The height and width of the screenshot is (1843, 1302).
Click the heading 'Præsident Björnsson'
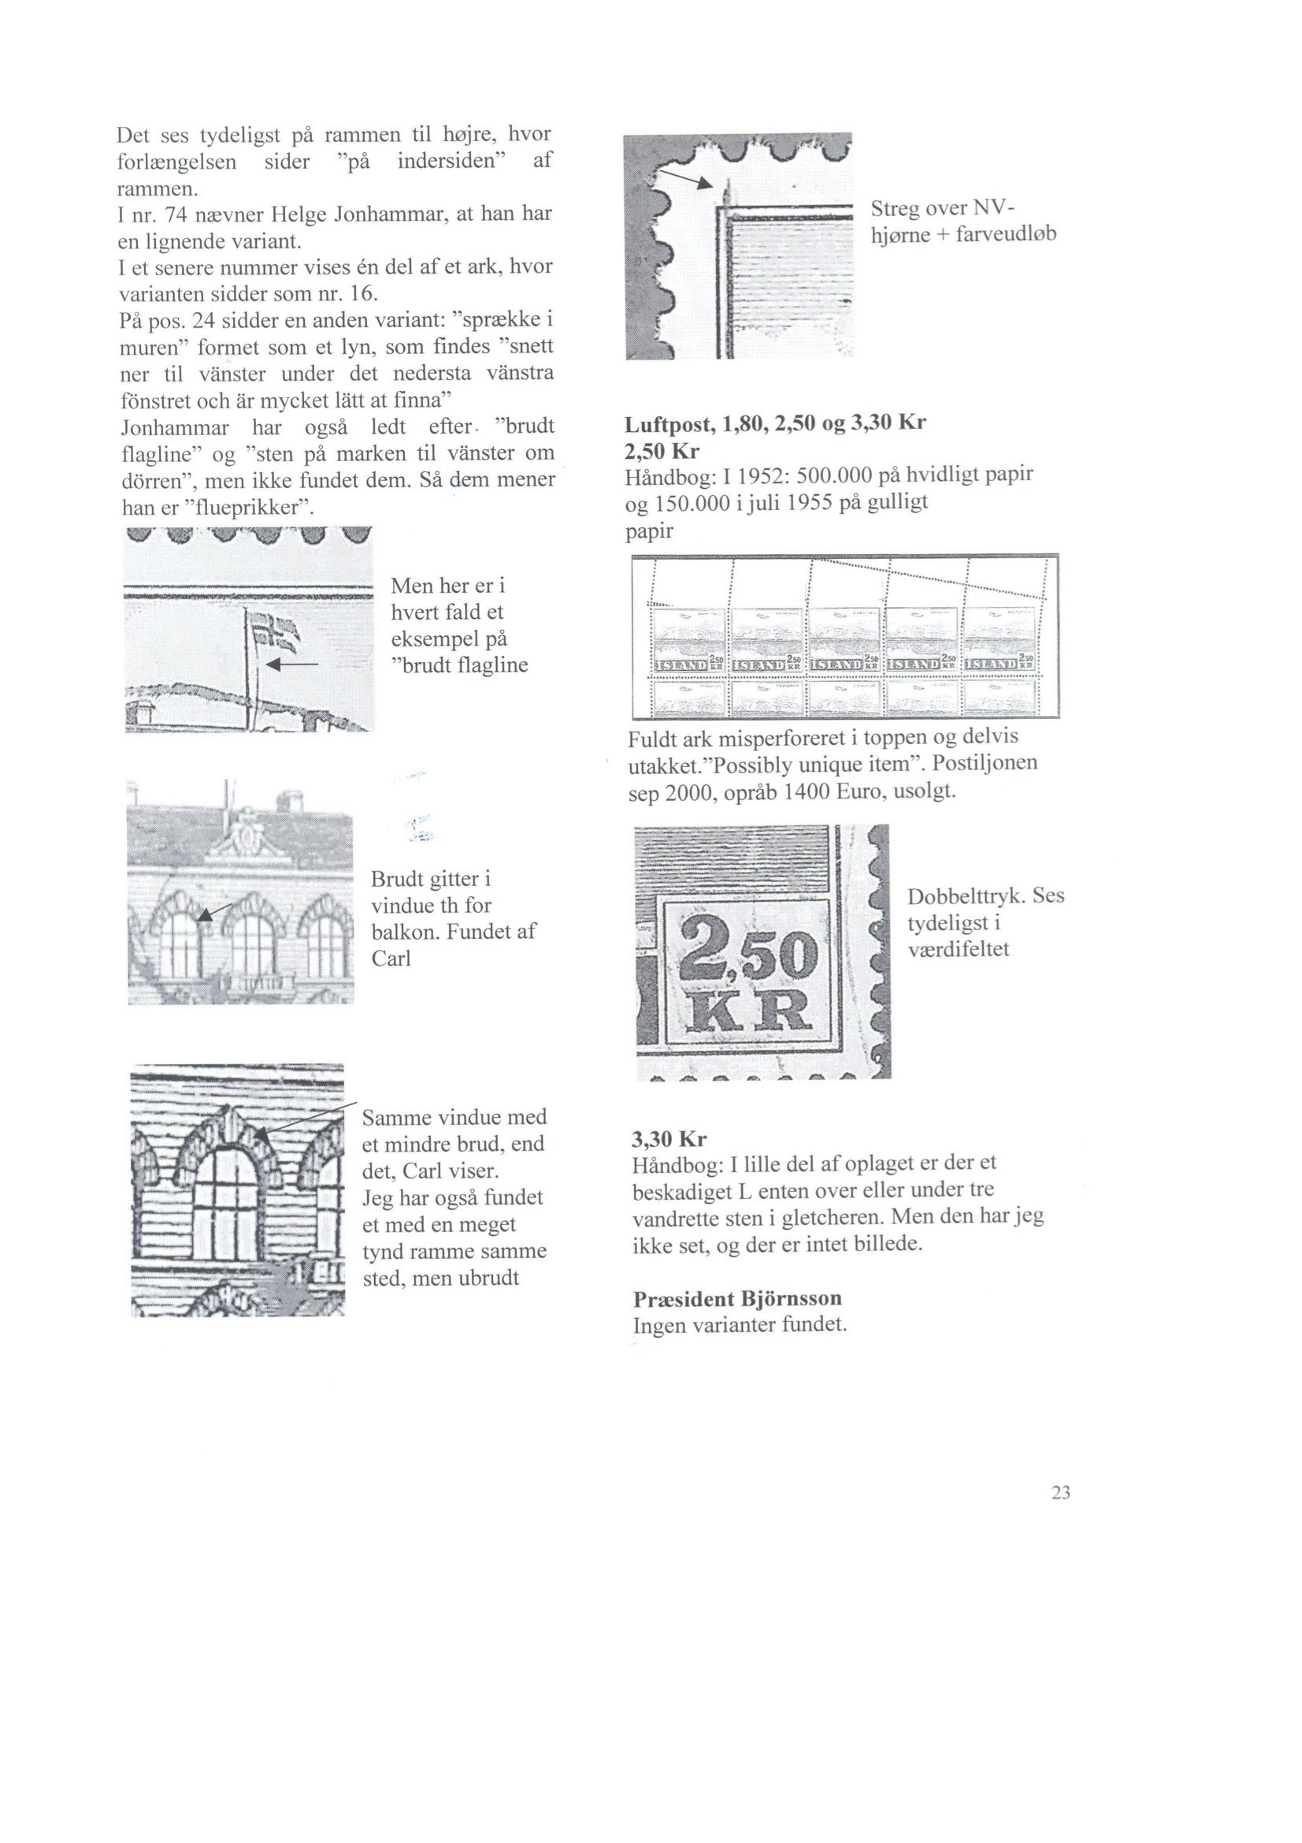[x=737, y=1298]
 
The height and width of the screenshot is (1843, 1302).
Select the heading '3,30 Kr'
[x=669, y=1138]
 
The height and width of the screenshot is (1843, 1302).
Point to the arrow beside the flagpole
[x=292, y=664]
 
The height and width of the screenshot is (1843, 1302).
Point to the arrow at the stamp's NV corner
[x=686, y=178]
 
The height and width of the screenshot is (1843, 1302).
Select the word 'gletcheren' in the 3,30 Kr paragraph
[x=832, y=1217]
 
